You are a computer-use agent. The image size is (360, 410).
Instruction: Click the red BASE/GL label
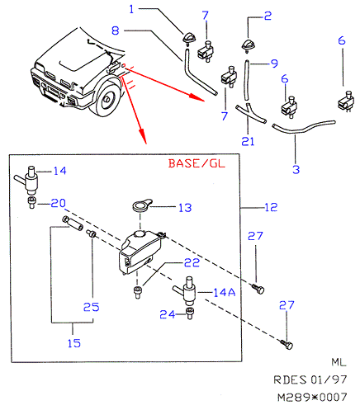(x=197, y=163)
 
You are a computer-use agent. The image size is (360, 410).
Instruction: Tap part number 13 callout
(x=185, y=208)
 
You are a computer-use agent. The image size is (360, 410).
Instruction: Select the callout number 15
(x=74, y=343)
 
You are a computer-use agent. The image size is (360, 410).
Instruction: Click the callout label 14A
(x=225, y=292)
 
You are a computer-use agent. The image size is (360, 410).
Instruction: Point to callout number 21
(x=248, y=141)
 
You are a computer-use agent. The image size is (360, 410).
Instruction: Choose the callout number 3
(x=296, y=169)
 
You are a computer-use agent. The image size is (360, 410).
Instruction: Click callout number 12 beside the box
(x=271, y=207)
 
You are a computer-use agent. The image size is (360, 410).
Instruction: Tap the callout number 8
(x=116, y=31)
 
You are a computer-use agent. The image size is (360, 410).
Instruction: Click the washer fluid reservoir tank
(x=140, y=252)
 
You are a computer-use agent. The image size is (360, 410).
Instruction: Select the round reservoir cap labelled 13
(x=141, y=205)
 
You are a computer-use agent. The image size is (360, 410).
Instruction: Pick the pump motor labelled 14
(x=26, y=180)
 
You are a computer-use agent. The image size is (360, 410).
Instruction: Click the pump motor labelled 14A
(x=185, y=291)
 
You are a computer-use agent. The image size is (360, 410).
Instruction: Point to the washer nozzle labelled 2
(x=248, y=45)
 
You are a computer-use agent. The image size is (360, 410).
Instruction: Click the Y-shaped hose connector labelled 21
(x=250, y=113)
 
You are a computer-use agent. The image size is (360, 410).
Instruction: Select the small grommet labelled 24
(x=190, y=313)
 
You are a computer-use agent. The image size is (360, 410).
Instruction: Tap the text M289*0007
(x=312, y=398)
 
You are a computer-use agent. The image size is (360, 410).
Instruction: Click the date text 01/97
(x=329, y=379)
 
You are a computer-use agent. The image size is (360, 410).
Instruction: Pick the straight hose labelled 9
(x=246, y=80)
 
